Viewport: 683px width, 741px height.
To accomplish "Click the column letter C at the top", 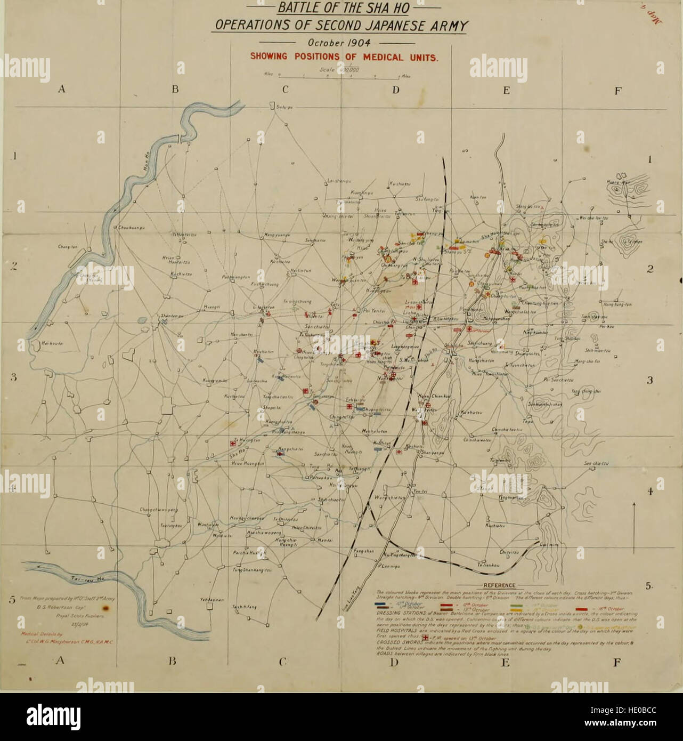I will click(285, 90).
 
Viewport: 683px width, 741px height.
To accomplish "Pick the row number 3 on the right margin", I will click(649, 381).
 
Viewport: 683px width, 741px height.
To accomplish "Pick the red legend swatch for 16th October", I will click(581, 608).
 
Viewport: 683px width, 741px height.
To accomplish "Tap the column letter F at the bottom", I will click(617, 663).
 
